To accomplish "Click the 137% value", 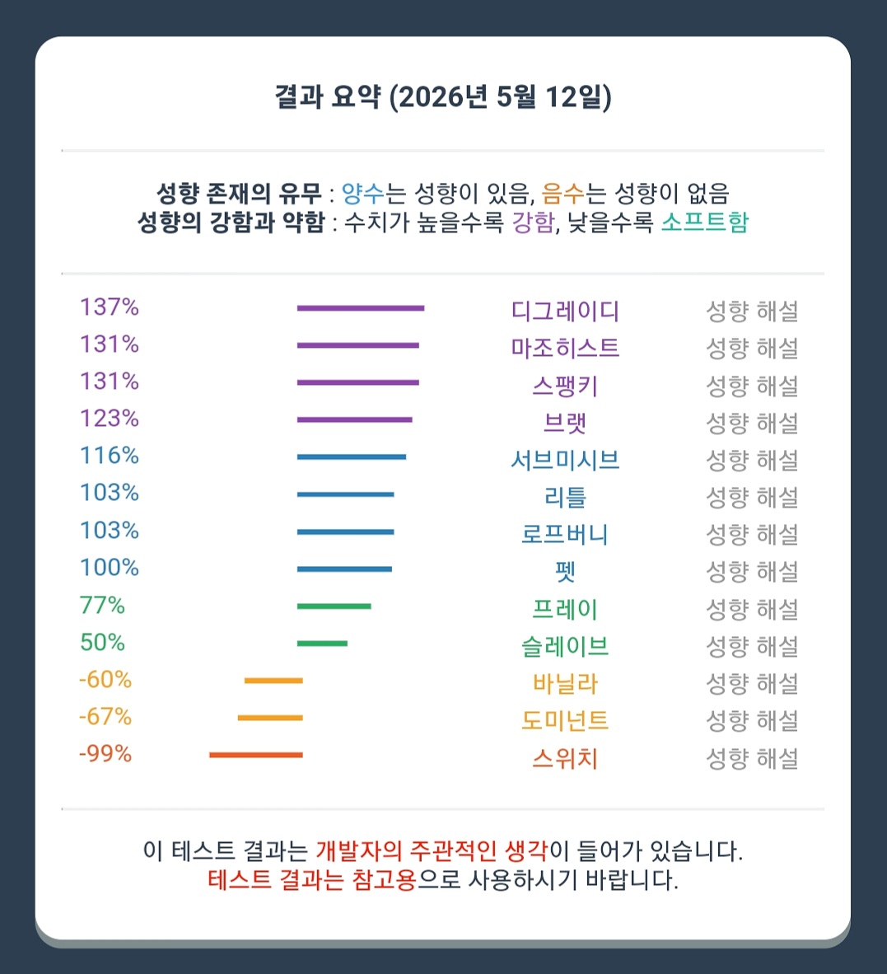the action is tap(110, 307).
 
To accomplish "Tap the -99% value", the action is tap(105, 753).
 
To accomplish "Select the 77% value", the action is tap(102, 605).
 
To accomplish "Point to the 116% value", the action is tap(110, 456).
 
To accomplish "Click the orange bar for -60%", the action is tap(273, 681).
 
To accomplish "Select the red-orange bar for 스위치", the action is tap(256, 756).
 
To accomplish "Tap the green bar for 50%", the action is tap(322, 644).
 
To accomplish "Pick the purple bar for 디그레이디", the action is tap(361, 308).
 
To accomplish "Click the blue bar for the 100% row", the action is tap(344, 569).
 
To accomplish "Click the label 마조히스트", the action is tap(565, 348).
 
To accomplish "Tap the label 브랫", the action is tap(565, 423).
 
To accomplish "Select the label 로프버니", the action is tap(565, 534).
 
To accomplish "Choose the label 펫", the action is tap(566, 572).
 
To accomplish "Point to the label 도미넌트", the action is tap(565, 720).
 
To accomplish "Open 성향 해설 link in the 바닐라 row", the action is tap(752, 684).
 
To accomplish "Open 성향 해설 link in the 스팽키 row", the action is tap(752, 386).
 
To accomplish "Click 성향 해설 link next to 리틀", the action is tap(752, 498).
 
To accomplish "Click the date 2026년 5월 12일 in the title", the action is tap(500, 97).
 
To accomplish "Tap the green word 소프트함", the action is tap(704, 222).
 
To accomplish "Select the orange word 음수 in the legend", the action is tap(563, 193).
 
